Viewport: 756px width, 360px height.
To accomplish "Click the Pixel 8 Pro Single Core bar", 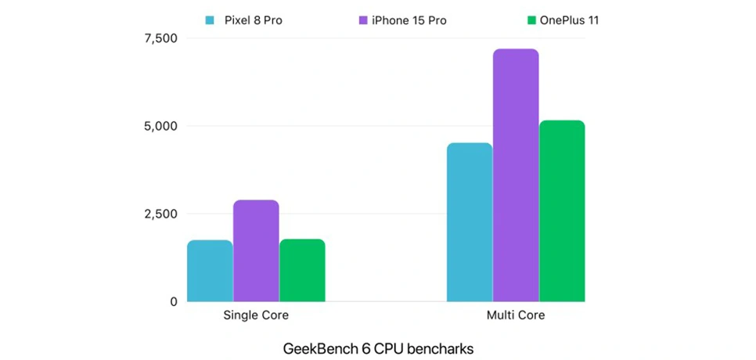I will point(210,271).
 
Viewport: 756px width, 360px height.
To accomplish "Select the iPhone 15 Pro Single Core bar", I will point(256,250).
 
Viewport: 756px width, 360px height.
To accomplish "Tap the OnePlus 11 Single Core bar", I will point(302,270).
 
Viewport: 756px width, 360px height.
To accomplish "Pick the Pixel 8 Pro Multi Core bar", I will point(470,222).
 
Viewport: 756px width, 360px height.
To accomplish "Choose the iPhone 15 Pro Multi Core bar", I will point(516,175).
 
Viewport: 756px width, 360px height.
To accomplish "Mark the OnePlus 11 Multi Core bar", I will point(562,211).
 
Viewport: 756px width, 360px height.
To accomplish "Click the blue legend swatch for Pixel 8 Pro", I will point(210,20).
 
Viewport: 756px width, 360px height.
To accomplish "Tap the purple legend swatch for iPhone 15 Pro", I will point(363,20).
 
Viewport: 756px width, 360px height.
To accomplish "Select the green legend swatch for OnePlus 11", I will point(531,20).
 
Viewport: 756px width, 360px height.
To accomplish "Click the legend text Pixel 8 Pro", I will point(253,20).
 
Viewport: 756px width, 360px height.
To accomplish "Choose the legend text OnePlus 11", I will point(569,20).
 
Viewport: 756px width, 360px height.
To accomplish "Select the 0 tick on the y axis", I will point(173,301).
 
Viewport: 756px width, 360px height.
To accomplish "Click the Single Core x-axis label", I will point(256,316).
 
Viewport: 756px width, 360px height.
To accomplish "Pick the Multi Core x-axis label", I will point(516,316).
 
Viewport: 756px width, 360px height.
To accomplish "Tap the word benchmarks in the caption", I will point(437,349).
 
